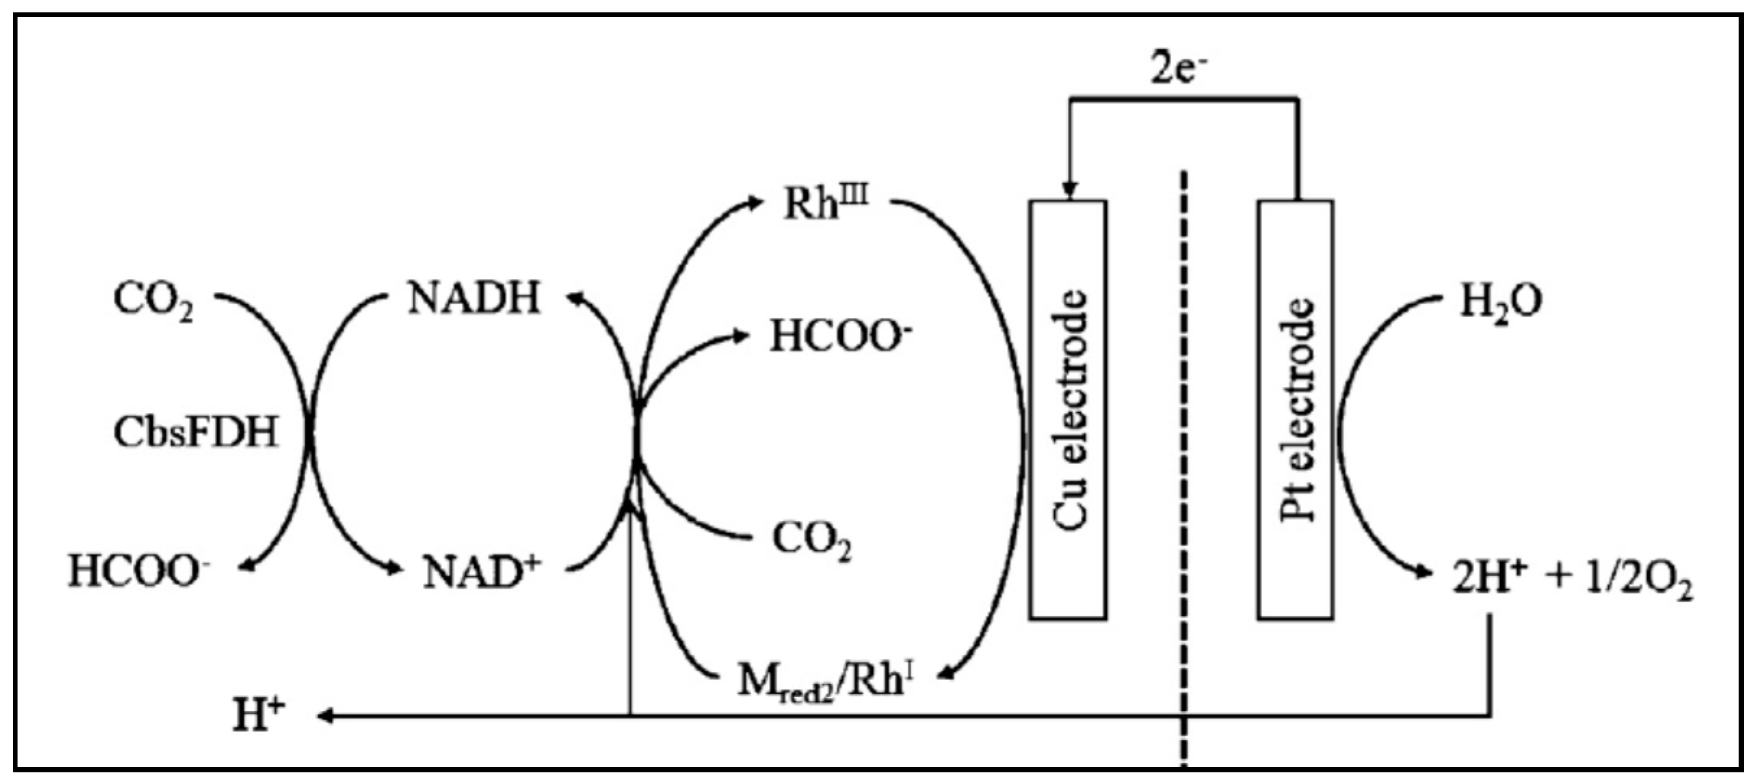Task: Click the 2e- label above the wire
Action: [x=1178, y=69]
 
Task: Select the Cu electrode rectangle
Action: [x=1068, y=410]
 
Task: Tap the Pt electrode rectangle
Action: [x=1295, y=410]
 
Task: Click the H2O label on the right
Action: [x=1501, y=301]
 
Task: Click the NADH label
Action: [x=474, y=298]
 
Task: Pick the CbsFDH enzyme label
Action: [x=196, y=432]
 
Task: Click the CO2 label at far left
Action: [x=153, y=301]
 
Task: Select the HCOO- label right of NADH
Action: [x=840, y=337]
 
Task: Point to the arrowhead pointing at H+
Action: [x=325, y=715]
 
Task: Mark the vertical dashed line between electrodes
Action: [x=1184, y=476]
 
